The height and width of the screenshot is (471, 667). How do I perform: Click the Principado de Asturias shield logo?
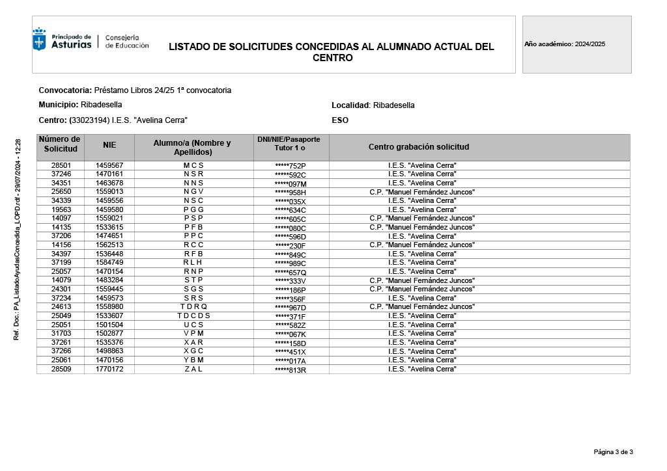click(x=40, y=40)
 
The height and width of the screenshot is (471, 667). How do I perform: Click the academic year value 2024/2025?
click(x=590, y=44)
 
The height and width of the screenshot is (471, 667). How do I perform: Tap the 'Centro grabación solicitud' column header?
click(x=419, y=147)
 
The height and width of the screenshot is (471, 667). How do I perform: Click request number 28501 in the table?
click(x=61, y=165)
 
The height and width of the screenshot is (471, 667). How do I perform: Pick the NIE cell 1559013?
click(x=109, y=192)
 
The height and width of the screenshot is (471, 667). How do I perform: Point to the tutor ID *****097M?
click(x=291, y=183)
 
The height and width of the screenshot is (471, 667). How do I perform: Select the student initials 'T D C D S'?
click(x=193, y=316)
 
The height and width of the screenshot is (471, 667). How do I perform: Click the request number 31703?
click(x=61, y=334)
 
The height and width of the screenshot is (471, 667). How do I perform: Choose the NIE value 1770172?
click(x=109, y=370)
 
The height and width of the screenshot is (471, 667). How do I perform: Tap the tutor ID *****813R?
click(x=291, y=370)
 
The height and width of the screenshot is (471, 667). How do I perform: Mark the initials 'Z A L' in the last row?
click(x=193, y=370)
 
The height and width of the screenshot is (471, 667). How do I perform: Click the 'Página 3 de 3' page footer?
click(x=613, y=451)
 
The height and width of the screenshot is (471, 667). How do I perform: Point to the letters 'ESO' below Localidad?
click(x=340, y=120)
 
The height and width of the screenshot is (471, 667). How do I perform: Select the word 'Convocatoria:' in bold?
click(x=65, y=90)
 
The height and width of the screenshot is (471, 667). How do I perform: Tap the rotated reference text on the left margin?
click(x=18, y=239)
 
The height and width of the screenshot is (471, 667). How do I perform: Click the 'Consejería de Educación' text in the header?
click(x=127, y=42)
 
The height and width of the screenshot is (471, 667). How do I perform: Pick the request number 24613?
click(x=61, y=307)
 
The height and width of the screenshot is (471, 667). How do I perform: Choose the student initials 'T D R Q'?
click(x=193, y=307)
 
